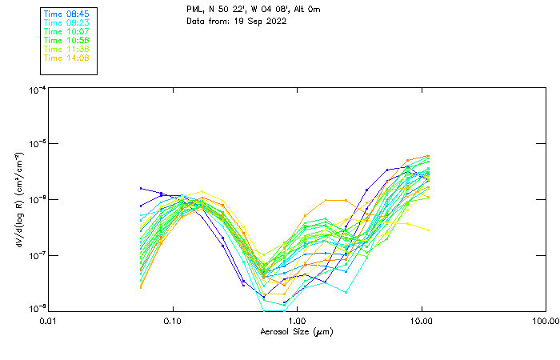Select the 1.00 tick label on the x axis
click(297, 321)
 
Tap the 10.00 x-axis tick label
click(421, 321)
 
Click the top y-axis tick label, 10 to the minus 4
click(36, 90)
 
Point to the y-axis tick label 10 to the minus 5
click(36, 145)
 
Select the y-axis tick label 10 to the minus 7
click(36, 255)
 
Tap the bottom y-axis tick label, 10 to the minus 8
click(36, 308)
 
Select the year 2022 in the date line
click(275, 21)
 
